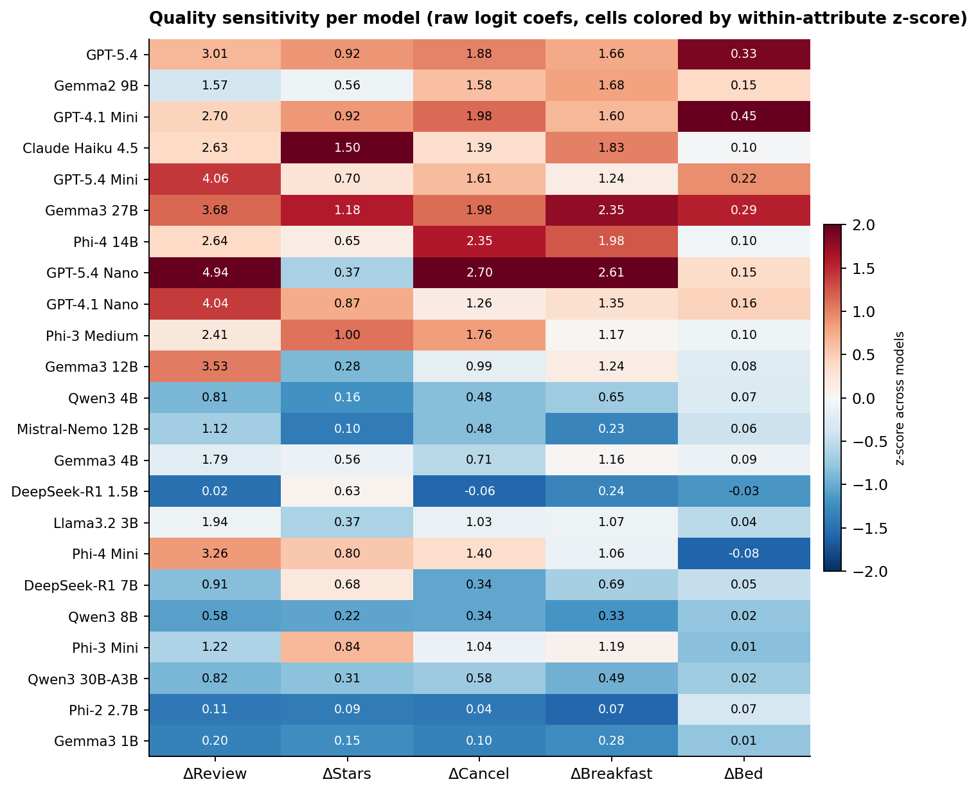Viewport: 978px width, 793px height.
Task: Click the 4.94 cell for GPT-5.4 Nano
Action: [215, 273]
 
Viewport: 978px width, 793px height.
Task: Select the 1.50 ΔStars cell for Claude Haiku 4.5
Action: [347, 148]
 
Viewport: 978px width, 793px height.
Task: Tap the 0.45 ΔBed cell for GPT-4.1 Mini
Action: [743, 116]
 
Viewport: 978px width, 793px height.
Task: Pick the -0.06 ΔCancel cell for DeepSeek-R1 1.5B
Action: [479, 491]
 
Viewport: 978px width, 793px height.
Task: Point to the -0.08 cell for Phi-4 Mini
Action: [743, 554]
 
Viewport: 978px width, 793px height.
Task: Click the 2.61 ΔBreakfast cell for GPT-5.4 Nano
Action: [611, 273]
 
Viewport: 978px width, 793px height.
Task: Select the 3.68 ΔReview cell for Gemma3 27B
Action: [215, 210]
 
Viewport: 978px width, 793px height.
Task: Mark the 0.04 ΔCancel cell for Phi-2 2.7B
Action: [479, 710]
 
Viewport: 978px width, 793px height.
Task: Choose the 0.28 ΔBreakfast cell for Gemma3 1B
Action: [611, 741]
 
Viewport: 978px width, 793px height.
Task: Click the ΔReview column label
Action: [215, 774]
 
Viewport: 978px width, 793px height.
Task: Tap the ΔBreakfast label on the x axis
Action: [611, 774]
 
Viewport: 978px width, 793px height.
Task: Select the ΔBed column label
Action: [743, 774]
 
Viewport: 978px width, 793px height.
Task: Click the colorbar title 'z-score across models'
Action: [900, 398]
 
